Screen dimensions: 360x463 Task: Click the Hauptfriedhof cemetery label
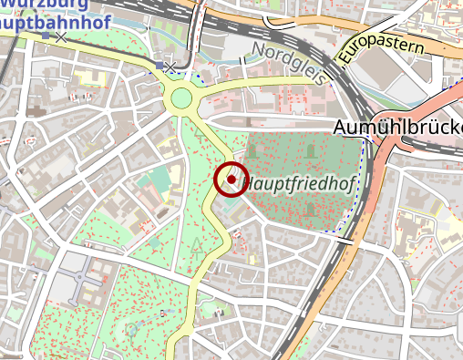[x=300, y=182]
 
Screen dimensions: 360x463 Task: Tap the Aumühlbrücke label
[x=398, y=128]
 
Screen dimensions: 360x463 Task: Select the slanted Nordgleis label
[x=287, y=63]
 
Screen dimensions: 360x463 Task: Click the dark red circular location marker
[x=231, y=180]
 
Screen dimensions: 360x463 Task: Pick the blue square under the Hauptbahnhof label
[x=46, y=37]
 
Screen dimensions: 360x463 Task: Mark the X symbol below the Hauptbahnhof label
[x=61, y=38]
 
